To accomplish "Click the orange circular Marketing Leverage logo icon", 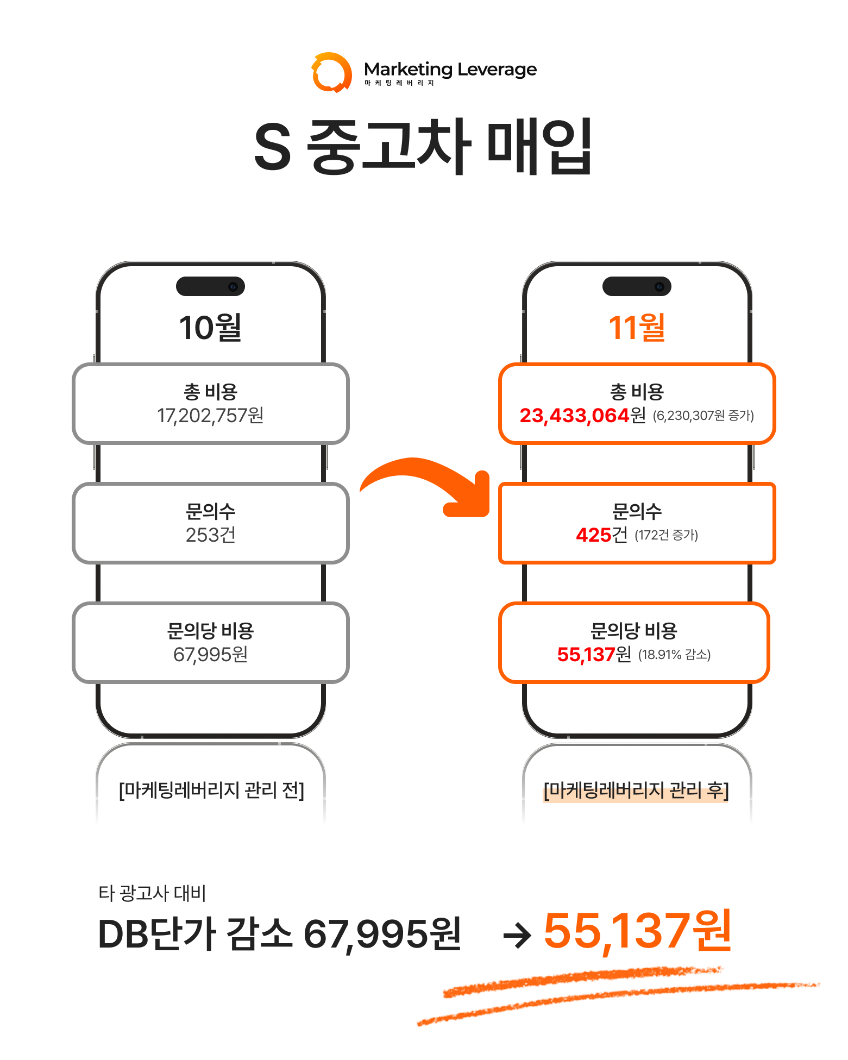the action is pos(331,72).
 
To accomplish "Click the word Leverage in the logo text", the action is pos(497,70).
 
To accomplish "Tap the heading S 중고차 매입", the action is pos(423,146).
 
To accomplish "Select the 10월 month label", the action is pos(210,328).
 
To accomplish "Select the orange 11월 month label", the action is pos(637,328).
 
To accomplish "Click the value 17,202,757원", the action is pos(210,416).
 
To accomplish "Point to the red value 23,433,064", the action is pos(574,416).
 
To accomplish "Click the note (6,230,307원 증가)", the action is pos(703,416).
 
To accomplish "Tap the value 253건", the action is pos(210,535).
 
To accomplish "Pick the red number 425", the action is pos(594,535).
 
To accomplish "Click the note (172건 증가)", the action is pos(666,536).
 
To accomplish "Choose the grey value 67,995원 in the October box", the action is pos(210,655).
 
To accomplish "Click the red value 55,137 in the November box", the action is pos(586,655).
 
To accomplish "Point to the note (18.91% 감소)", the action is pos(674,655).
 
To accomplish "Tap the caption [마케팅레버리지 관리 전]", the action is pos(211,790).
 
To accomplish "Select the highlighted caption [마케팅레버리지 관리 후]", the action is pos(636,790).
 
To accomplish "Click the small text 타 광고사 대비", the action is pos(152,893).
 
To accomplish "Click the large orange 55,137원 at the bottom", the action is pos(638,931).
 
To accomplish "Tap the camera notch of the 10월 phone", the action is pos(210,286).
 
